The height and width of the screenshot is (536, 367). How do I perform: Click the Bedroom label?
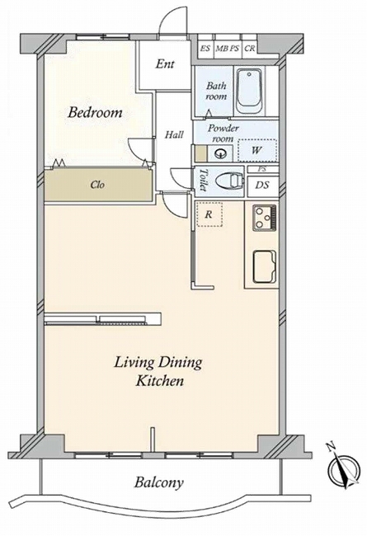coord(95,112)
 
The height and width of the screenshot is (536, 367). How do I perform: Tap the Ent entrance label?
coord(165,63)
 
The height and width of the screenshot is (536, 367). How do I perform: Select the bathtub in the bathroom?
coord(250,92)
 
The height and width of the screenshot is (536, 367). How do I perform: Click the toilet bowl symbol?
coord(230,180)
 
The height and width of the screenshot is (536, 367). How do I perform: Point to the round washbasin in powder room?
coord(219,153)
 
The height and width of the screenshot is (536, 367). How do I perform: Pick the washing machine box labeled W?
coord(257,150)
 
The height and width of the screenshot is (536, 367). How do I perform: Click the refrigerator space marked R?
coord(209,214)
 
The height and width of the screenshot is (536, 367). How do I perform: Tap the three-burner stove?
coord(265,218)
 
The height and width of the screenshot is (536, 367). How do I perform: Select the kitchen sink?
coord(265,267)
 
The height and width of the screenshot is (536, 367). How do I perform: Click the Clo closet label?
coord(97,185)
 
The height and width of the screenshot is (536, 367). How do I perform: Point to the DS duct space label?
coord(262,186)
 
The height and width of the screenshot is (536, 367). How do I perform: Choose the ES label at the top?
coord(205,48)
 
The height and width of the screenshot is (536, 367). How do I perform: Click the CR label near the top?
coord(250,48)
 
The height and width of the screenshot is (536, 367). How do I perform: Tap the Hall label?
coord(174,134)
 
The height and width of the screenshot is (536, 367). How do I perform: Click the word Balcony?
coord(158,482)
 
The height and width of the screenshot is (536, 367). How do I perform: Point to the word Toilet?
coord(203,180)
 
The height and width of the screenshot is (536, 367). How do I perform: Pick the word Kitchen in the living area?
coord(160,380)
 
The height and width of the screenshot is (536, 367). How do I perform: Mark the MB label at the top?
coord(221,48)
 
